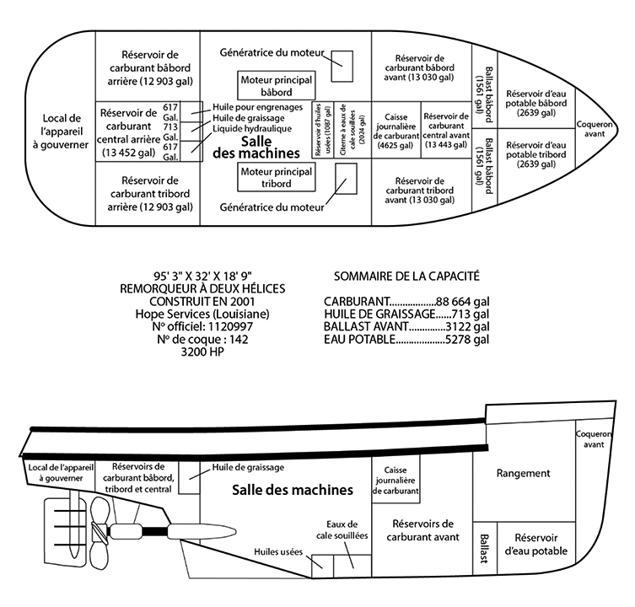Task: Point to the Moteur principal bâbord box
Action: [x=276, y=84]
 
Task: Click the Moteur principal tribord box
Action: [x=276, y=177]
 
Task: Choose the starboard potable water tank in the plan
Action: [x=536, y=157]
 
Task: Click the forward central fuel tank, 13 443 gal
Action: [x=445, y=130]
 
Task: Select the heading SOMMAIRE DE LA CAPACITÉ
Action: [x=407, y=276]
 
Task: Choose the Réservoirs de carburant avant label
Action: [x=423, y=529]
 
